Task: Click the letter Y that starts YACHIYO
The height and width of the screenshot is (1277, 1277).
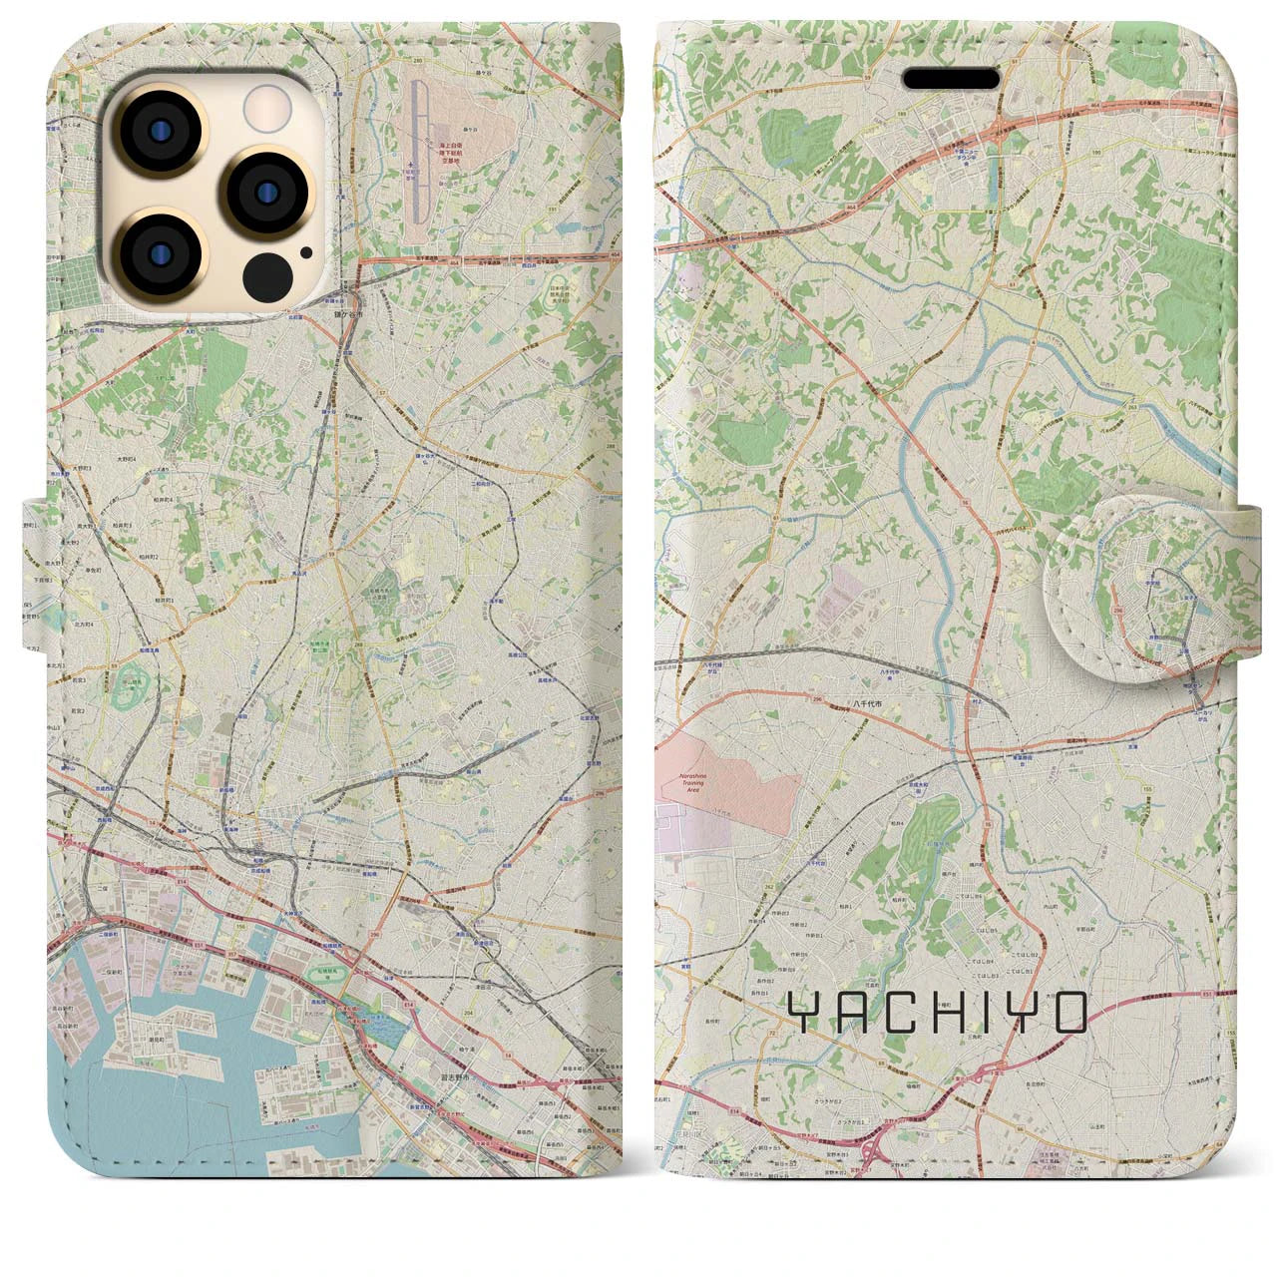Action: click(x=801, y=1014)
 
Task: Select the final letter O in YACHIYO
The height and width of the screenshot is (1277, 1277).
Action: click(x=1069, y=1014)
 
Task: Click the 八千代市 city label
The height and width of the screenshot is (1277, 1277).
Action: click(x=867, y=704)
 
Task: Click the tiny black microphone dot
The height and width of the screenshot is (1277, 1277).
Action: click(x=303, y=252)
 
